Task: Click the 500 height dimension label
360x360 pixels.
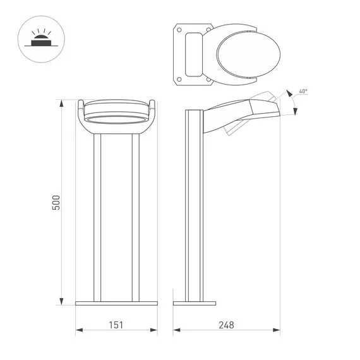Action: (x=56, y=203)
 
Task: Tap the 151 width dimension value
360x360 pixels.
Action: (x=116, y=325)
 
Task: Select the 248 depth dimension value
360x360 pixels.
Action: (x=226, y=325)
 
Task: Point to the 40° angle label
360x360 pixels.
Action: (x=303, y=92)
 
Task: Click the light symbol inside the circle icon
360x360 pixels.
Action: (x=40, y=40)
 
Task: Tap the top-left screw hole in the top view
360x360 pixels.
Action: (x=179, y=30)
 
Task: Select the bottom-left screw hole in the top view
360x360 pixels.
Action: (x=179, y=80)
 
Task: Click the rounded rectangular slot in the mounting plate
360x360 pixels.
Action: (x=191, y=55)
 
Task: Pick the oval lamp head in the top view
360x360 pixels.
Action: (x=237, y=55)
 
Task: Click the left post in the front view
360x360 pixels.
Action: (x=97, y=218)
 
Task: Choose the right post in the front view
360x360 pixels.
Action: (x=135, y=218)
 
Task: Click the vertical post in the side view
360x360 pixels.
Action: (x=193, y=208)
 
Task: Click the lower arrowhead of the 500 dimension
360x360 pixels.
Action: (x=62, y=301)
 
